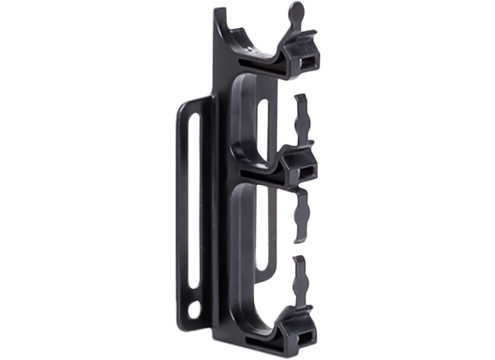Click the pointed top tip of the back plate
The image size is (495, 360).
pos(219,12)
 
